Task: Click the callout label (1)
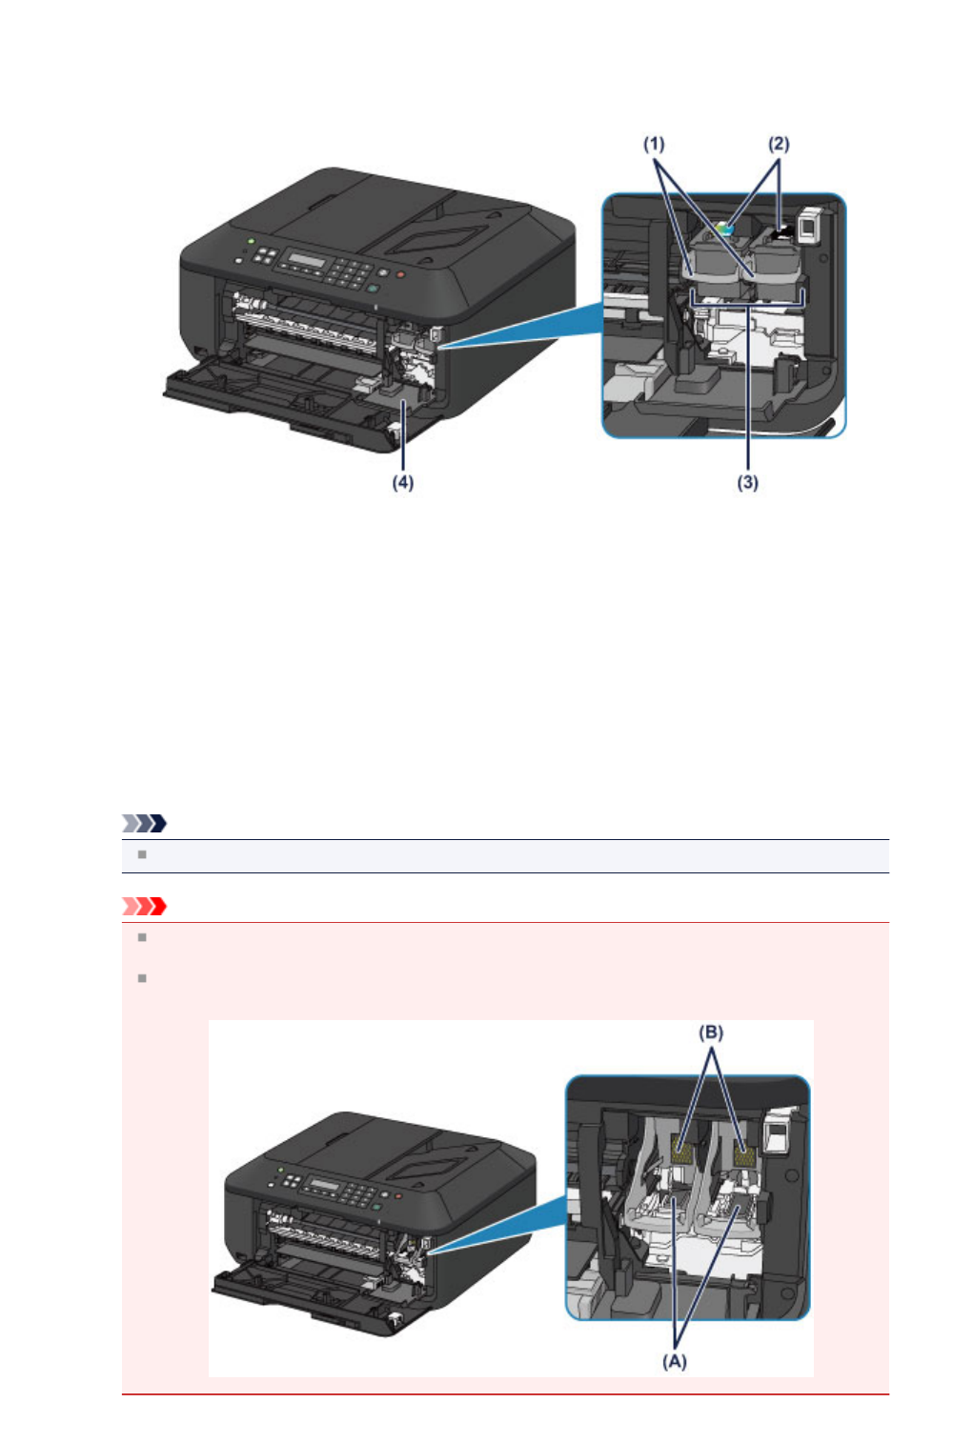pos(653,144)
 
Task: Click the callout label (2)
pos(779,144)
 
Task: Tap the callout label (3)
pos(747,483)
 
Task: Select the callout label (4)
pos(403,483)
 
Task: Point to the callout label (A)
pos(675,1362)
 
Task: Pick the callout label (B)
pos(711,1032)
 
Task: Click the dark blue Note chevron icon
pos(145,823)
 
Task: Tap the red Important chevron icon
pos(145,906)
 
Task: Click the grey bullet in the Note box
pos(142,854)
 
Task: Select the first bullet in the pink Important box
pos(142,937)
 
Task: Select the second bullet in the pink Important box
pos(142,978)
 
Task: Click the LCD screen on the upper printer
pos(308,261)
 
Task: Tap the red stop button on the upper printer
pos(401,274)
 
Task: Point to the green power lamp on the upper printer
pos(250,242)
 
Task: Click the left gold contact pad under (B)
pos(683,1150)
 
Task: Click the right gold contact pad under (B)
pos(744,1156)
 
